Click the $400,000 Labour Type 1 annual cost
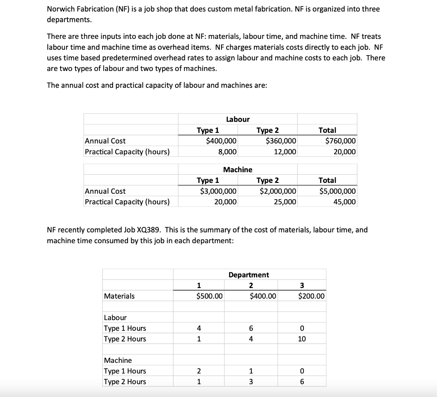pyautogui.click(x=221, y=141)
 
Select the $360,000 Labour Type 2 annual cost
pyautogui.click(x=281, y=141)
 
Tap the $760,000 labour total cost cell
pyautogui.click(x=340, y=141)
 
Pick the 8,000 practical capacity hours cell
pyautogui.click(x=227, y=152)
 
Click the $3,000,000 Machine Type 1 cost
pyautogui.click(x=218, y=191)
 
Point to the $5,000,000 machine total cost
pyautogui.click(x=337, y=191)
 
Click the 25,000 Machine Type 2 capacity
pyautogui.click(x=285, y=202)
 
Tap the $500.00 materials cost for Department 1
pyautogui.click(x=209, y=296)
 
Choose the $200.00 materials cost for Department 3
pyautogui.click(x=311, y=296)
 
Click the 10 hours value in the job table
pyautogui.click(x=302, y=339)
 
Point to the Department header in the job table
pyautogui.click(x=249, y=275)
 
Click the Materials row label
pyautogui.click(x=119, y=296)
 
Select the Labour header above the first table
pyautogui.click(x=238, y=119)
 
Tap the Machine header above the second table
pyautogui.click(x=238, y=170)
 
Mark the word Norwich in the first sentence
pyautogui.click(x=61, y=9)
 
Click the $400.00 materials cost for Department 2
pyautogui.click(x=263, y=296)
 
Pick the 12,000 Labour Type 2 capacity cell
pyautogui.click(x=285, y=152)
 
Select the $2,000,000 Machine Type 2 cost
pyautogui.click(x=278, y=191)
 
